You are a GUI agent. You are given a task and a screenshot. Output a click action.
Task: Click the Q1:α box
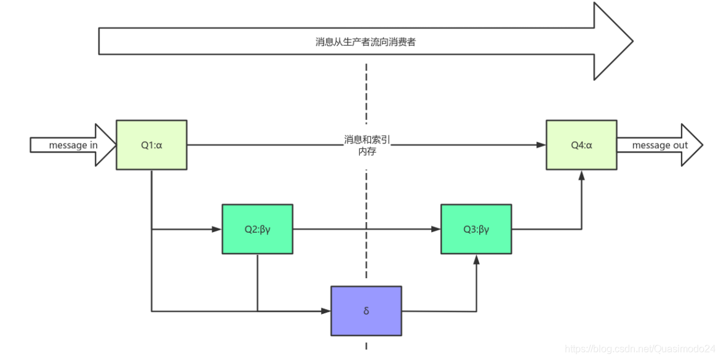point(151,145)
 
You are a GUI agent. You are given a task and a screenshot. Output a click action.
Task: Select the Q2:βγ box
point(257,229)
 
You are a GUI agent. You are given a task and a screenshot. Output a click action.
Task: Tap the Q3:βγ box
point(476,229)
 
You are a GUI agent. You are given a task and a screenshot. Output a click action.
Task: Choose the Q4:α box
point(581,145)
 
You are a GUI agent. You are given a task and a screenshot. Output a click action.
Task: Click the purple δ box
point(366,311)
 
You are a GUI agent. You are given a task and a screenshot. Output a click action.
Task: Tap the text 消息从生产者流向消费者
point(365,42)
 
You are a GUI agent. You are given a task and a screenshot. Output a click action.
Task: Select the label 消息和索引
point(367,140)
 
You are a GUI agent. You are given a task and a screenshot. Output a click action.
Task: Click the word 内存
point(367,151)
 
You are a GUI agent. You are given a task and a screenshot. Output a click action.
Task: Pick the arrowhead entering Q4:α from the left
point(541,145)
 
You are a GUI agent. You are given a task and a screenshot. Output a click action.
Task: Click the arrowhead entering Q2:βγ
point(217,229)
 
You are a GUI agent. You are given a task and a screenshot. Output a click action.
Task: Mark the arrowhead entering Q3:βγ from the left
point(436,229)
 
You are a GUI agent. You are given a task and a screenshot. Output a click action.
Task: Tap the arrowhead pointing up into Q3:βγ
point(476,259)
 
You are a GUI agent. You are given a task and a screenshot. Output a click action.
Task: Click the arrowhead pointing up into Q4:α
point(581,175)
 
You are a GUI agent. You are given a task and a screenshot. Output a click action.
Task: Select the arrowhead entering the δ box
point(326,311)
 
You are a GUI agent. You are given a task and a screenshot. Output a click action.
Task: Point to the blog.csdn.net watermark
point(640,349)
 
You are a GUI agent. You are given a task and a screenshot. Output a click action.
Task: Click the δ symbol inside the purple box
point(366,311)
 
